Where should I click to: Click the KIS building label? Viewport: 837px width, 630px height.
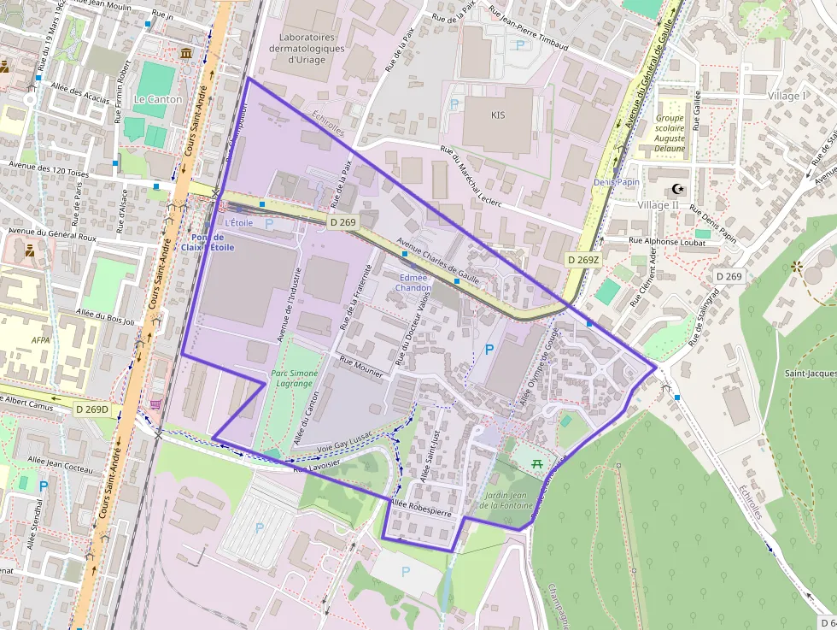(x=499, y=115)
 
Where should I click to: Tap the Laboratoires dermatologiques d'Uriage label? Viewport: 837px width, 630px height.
(x=307, y=49)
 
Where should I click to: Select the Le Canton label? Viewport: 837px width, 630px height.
(x=158, y=99)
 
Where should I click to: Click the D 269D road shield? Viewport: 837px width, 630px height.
(x=92, y=409)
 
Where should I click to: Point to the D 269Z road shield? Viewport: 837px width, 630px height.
(x=583, y=258)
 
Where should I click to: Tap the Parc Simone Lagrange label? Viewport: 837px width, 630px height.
(x=294, y=379)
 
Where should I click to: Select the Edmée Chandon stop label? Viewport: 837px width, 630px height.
(x=413, y=283)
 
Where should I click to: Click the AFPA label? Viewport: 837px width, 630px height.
(x=41, y=339)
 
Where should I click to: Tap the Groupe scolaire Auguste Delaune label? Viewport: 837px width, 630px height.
(x=670, y=132)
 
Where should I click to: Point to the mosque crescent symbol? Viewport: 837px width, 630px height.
(x=679, y=189)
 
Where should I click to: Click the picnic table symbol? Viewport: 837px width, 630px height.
(x=538, y=463)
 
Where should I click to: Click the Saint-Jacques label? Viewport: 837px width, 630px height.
(x=810, y=374)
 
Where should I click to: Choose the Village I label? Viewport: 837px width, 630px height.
(x=787, y=96)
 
